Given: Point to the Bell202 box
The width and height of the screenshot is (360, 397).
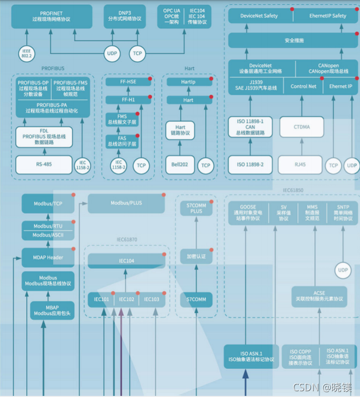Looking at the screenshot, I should [x=180, y=165].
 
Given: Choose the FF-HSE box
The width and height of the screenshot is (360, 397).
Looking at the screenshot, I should [x=128, y=82].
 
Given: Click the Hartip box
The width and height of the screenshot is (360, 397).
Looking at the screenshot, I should [x=189, y=82].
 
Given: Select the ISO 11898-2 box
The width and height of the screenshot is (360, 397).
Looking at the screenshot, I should [x=250, y=164].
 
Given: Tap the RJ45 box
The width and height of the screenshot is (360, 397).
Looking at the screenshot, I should [x=300, y=164].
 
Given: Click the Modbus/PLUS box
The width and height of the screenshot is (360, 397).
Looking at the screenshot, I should [x=126, y=203].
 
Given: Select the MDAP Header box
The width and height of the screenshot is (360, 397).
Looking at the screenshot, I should [x=48, y=257].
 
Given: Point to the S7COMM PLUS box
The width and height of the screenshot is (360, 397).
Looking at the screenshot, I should [x=197, y=208].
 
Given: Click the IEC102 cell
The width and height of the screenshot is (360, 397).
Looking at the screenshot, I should [x=126, y=299].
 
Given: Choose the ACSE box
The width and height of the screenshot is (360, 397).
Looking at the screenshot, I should [x=319, y=296].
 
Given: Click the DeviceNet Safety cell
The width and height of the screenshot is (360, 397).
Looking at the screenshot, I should [x=259, y=16].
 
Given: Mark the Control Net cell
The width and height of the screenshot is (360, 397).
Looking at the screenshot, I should [x=303, y=86].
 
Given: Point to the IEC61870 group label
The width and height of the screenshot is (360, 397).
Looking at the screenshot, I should [x=126, y=239].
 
